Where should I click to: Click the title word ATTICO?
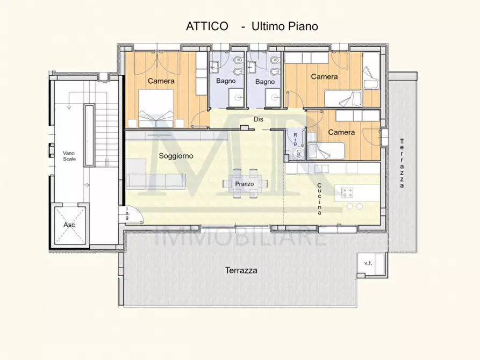[x=207, y=26]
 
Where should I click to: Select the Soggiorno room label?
[x=176, y=156]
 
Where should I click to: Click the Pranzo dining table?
[x=245, y=184]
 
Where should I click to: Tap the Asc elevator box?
[x=69, y=225]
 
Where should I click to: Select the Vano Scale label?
[x=69, y=155]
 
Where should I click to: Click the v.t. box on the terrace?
[x=369, y=263]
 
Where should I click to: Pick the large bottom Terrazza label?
[x=240, y=270]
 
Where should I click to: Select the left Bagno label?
[x=226, y=82]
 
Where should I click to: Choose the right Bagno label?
[x=265, y=82]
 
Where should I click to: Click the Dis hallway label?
[x=259, y=119]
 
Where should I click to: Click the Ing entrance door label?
[x=127, y=214]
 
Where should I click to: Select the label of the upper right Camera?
[x=325, y=76]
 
